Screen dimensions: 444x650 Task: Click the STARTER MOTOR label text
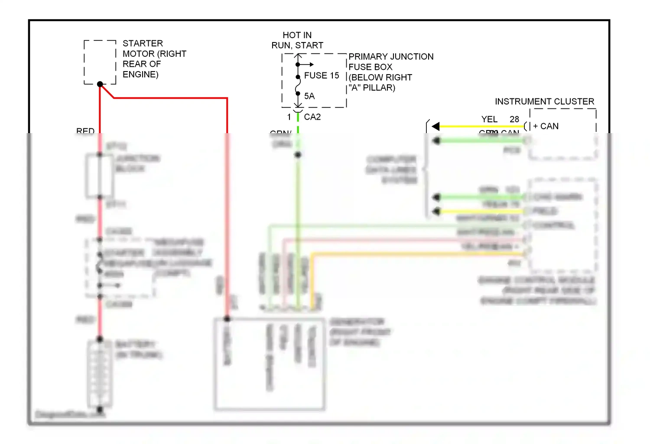pos(154,59)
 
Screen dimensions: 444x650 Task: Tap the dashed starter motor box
pos(100,62)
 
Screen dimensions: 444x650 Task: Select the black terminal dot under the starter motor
pos(100,84)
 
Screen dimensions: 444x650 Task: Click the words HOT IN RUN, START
pos(297,40)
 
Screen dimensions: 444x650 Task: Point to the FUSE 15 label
pos(321,75)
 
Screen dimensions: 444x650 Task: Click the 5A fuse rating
pos(309,96)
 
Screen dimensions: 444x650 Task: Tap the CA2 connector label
pos(312,117)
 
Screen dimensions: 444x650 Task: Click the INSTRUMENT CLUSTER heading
pos(544,101)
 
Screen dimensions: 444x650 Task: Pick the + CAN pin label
pos(546,126)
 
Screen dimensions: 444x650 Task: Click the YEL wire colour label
pos(489,119)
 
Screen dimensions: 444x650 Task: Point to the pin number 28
pos(514,119)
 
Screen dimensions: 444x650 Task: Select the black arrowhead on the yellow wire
pos(435,126)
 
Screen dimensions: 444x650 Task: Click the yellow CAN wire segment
pos(481,126)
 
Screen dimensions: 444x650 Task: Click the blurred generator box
pos(270,364)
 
